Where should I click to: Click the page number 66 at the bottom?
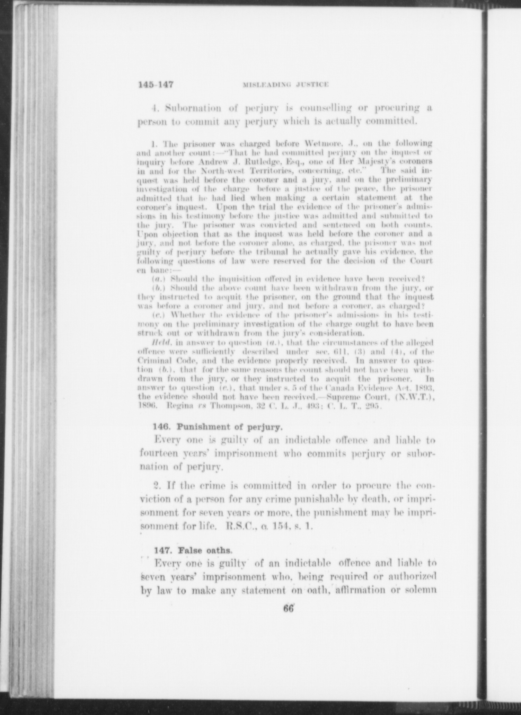(x=288, y=609)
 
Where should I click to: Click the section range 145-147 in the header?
(x=156, y=84)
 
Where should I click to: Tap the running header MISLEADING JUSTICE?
(x=286, y=85)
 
